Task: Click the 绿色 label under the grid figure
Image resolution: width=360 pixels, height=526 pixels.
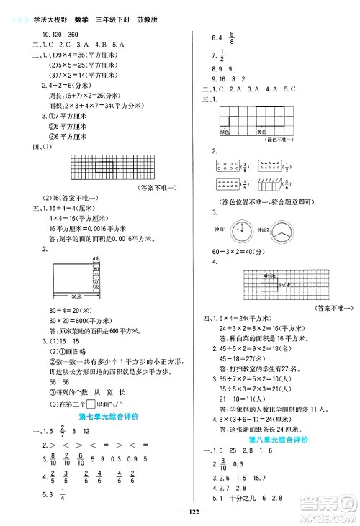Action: point(225,131)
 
